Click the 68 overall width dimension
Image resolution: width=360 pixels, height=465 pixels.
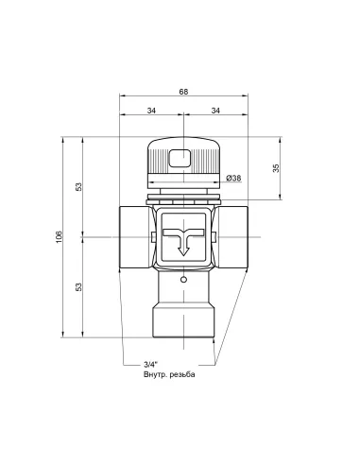182,93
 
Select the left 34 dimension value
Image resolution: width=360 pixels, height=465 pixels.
150,111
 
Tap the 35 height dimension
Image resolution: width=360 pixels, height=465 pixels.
275,167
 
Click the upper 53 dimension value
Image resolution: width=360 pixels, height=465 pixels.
78,186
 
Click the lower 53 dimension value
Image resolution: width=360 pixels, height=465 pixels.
78,285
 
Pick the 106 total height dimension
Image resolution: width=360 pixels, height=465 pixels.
58,235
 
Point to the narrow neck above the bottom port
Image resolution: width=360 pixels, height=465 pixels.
182,289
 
